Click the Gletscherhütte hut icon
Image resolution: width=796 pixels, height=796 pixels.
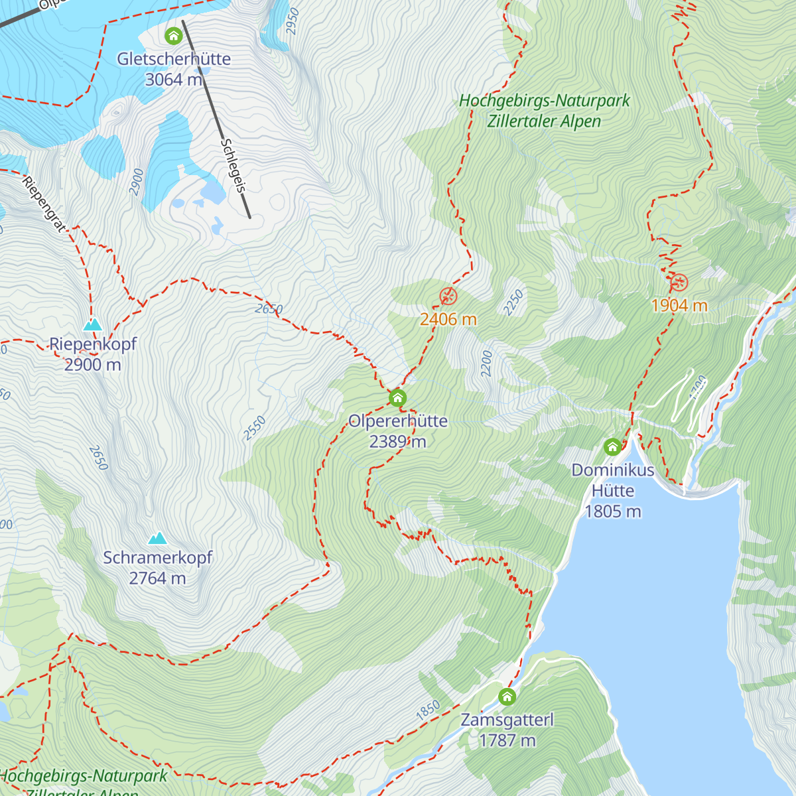pos(174,35)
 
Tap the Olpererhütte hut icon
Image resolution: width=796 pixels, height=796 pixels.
pos(397,398)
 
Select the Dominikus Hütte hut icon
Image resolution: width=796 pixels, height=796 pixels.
pos(612,447)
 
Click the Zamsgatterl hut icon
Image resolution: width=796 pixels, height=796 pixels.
pos(507,696)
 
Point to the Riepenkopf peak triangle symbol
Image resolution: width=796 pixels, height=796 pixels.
pos(92,324)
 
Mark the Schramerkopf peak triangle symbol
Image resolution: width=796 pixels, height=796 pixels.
pos(157,538)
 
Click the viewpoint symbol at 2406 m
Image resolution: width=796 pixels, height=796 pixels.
pos(448,297)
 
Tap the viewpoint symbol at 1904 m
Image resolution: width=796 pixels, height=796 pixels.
pos(679,283)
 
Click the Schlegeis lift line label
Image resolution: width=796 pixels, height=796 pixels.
pos(233,166)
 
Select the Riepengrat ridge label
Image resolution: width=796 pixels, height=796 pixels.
pos(44,204)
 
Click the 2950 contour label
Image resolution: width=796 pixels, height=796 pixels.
pos(293,21)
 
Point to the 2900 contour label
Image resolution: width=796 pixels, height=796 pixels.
pos(136,182)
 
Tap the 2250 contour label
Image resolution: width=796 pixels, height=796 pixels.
pos(513,302)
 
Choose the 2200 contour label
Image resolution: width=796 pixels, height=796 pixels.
pos(486,364)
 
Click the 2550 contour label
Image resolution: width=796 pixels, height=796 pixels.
pos(254,428)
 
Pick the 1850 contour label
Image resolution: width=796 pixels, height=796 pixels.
pos(428,710)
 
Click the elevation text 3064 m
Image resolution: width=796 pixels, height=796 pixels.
pos(174,80)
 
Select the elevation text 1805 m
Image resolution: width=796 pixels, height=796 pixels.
pos(612,511)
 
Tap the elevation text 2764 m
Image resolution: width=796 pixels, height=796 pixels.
pos(157,578)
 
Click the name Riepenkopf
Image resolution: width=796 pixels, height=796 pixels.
pos(93,344)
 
